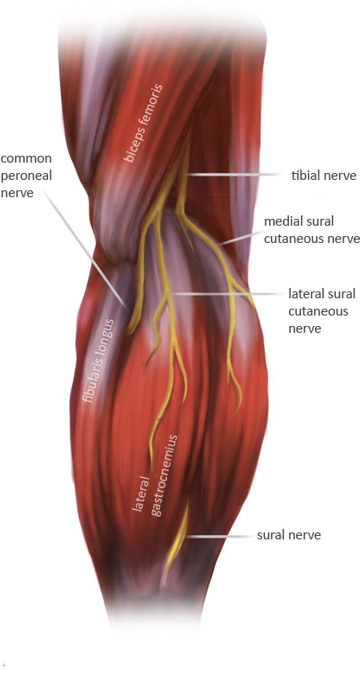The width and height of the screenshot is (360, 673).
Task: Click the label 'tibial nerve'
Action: [324, 175]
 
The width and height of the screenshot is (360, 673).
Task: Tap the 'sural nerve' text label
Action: [289, 535]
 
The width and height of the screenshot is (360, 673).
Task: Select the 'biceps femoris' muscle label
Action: [143, 123]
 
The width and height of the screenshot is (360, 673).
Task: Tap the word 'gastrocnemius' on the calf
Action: [164, 476]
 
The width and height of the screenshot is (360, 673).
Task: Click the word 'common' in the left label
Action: [26, 158]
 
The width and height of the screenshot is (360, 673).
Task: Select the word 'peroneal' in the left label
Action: [26, 176]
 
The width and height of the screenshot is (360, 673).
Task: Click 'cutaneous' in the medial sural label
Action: [293, 238]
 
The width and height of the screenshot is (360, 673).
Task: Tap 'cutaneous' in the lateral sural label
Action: [318, 311]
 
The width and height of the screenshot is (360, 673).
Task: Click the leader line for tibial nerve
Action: [234, 174]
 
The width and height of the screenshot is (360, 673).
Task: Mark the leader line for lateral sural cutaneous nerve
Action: [227, 294]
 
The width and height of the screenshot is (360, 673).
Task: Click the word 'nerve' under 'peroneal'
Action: [17, 193]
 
